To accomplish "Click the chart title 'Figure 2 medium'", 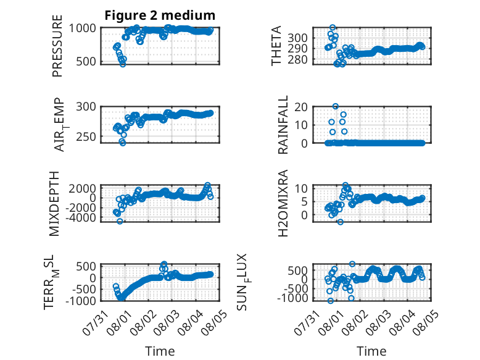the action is pos(160,15).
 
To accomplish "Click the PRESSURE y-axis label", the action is pos(57,46).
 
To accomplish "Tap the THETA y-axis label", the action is pos(276,46).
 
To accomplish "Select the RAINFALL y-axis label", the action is pos(283,124).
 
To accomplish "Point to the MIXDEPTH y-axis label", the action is pos(54,203).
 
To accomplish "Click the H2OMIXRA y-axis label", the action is pos(283,203).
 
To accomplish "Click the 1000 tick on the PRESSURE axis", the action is pos(82,28).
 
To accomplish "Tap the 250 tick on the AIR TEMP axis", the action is pos(86,136).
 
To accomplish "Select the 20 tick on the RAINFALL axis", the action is pos(301,107).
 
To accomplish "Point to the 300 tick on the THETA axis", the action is pos(297,38).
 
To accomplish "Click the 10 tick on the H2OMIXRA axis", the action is pos(301,188).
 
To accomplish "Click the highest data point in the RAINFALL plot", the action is pos(336,106).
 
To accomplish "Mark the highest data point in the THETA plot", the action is pos(333,28).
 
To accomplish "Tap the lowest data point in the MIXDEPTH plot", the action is pos(120,221).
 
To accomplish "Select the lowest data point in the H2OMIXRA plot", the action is pos(340,222).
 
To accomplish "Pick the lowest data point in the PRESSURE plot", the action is pos(123,64).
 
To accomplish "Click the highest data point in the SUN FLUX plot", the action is pos(352,264).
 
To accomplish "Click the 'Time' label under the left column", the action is pos(160,351).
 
